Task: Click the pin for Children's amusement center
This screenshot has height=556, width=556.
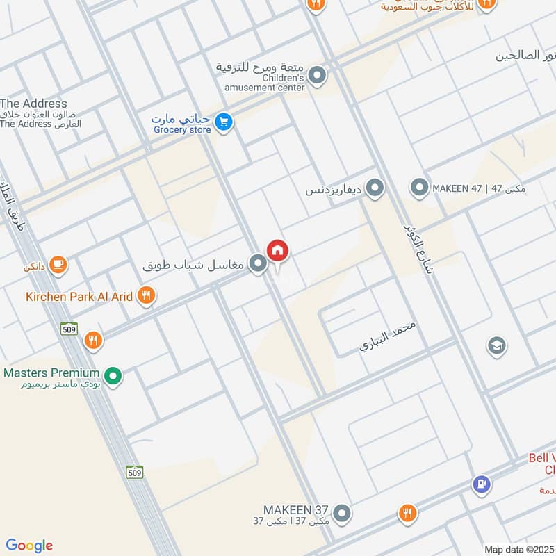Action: pyautogui.click(x=318, y=76)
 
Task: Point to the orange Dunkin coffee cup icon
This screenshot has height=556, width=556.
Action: pyautogui.click(x=58, y=265)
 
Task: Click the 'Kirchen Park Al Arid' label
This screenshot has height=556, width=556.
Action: pyautogui.click(x=79, y=297)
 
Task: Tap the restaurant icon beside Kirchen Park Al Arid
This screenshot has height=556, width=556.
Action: pyautogui.click(x=145, y=296)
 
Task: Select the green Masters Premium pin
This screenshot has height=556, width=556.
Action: pyautogui.click(x=115, y=376)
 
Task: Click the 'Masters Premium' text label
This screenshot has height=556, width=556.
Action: pyautogui.click(x=51, y=373)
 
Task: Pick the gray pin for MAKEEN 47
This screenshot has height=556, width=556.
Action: pyautogui.click(x=418, y=188)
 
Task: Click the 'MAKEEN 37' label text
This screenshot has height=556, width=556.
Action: pyautogui.click(x=295, y=509)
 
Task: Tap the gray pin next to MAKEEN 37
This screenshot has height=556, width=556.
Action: pyautogui.click(x=341, y=514)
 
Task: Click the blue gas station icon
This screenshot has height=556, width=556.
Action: pyautogui.click(x=481, y=484)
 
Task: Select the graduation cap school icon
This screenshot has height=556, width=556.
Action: pyautogui.click(x=496, y=345)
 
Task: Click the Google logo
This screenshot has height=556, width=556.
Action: pyautogui.click(x=29, y=546)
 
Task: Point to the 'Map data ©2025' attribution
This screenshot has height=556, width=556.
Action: pyautogui.click(x=518, y=549)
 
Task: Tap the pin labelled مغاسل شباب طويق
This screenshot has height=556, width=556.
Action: pyautogui.click(x=258, y=264)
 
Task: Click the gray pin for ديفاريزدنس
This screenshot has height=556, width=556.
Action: pyautogui.click(x=375, y=188)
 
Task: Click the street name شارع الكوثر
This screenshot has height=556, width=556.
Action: pyautogui.click(x=417, y=247)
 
